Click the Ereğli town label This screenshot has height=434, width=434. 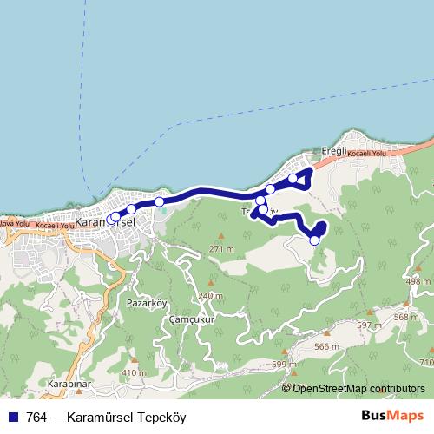333,150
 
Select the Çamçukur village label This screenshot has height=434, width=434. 191,319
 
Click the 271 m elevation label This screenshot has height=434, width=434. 221,249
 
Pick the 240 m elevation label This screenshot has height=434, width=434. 210,296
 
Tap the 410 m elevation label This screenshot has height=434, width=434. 134,372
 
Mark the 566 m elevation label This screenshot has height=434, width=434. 325,346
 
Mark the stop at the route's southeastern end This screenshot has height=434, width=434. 314,240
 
